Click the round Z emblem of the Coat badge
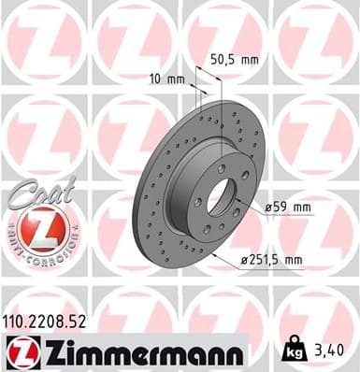coord(35,228)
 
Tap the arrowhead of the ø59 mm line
coord(241,206)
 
